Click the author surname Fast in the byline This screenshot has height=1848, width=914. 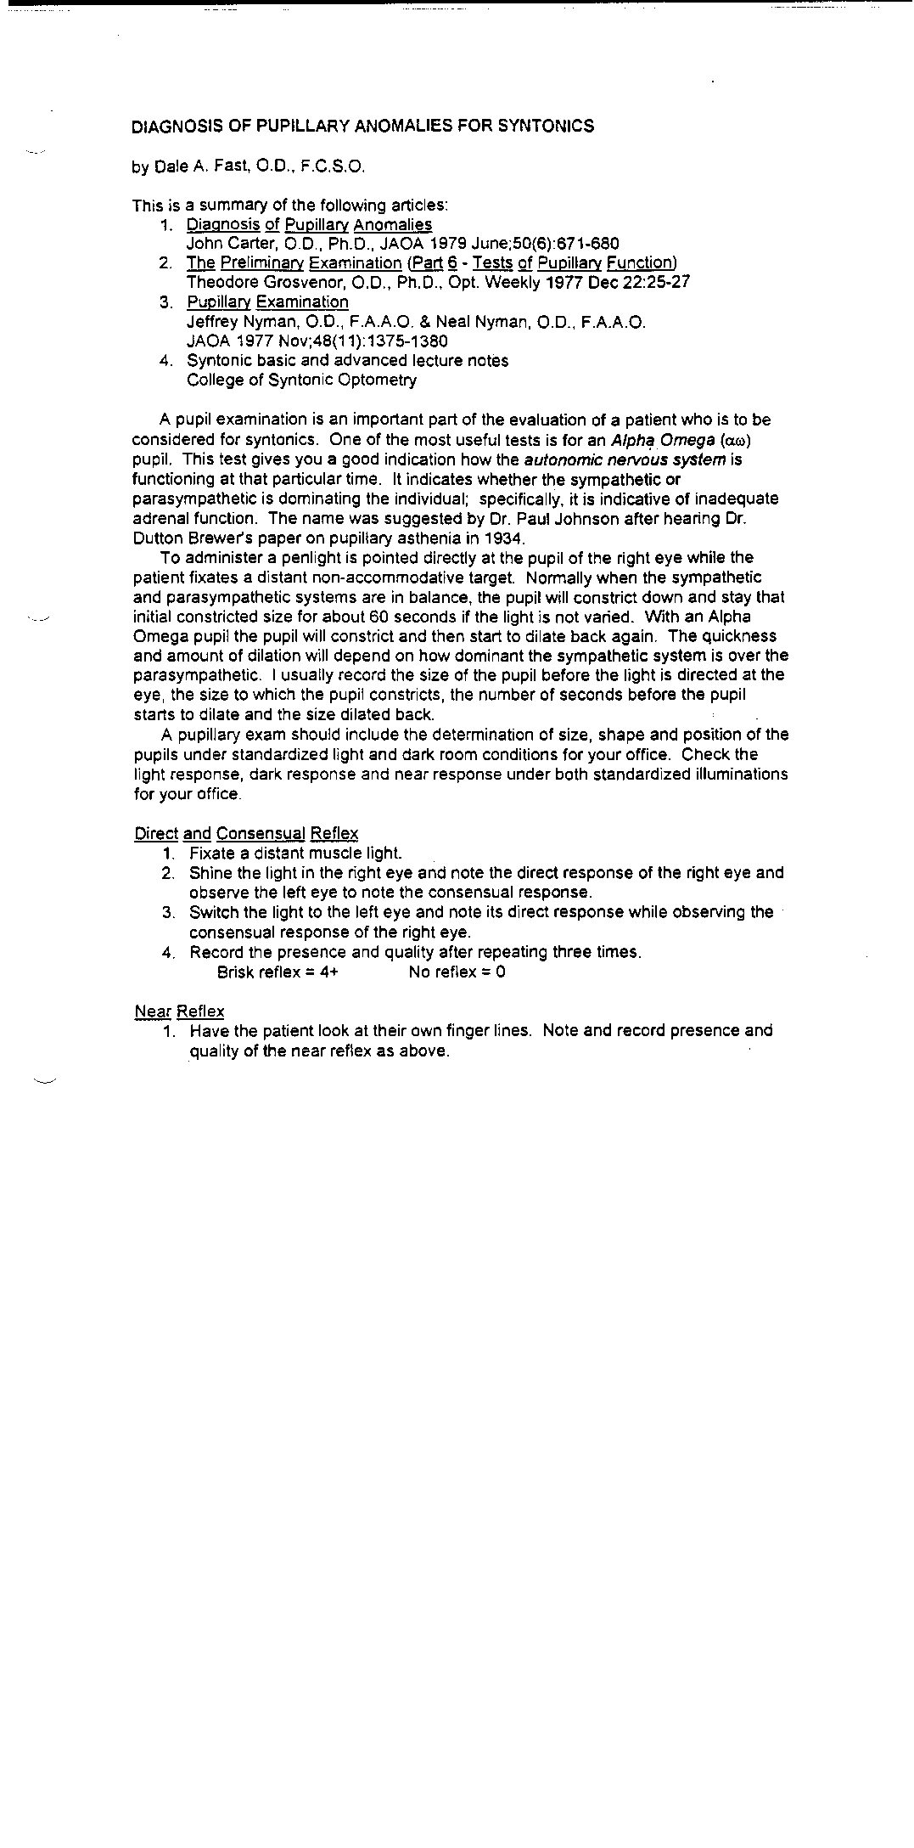tap(229, 166)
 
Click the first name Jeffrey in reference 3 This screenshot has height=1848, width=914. tap(212, 322)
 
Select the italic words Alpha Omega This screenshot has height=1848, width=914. tap(663, 440)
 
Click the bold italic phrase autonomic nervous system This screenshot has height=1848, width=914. tap(625, 459)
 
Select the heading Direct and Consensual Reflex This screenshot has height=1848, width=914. tap(246, 833)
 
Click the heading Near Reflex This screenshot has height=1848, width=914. tap(179, 1011)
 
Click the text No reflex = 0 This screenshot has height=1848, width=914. tap(457, 972)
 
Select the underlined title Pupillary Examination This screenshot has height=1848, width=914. tap(267, 302)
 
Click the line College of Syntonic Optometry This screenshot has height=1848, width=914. tap(301, 380)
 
